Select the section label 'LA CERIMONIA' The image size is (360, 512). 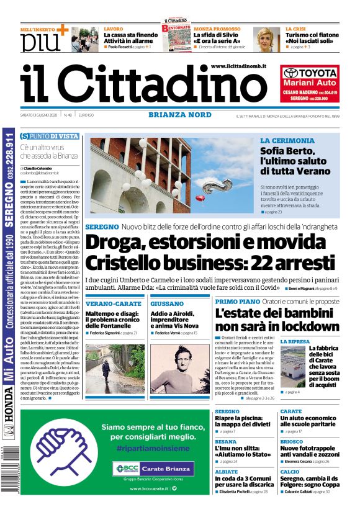coord(287,141)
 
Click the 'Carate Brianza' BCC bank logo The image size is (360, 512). coord(153,468)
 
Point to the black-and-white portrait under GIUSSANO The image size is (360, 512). coord(180,369)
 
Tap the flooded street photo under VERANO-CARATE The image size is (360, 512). coord(115,369)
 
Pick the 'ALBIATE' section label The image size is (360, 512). coord(226,471)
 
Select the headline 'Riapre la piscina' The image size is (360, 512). coord(242,421)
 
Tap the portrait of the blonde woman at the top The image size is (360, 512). coord(266,40)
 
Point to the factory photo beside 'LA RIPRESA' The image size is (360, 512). coord(292,367)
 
